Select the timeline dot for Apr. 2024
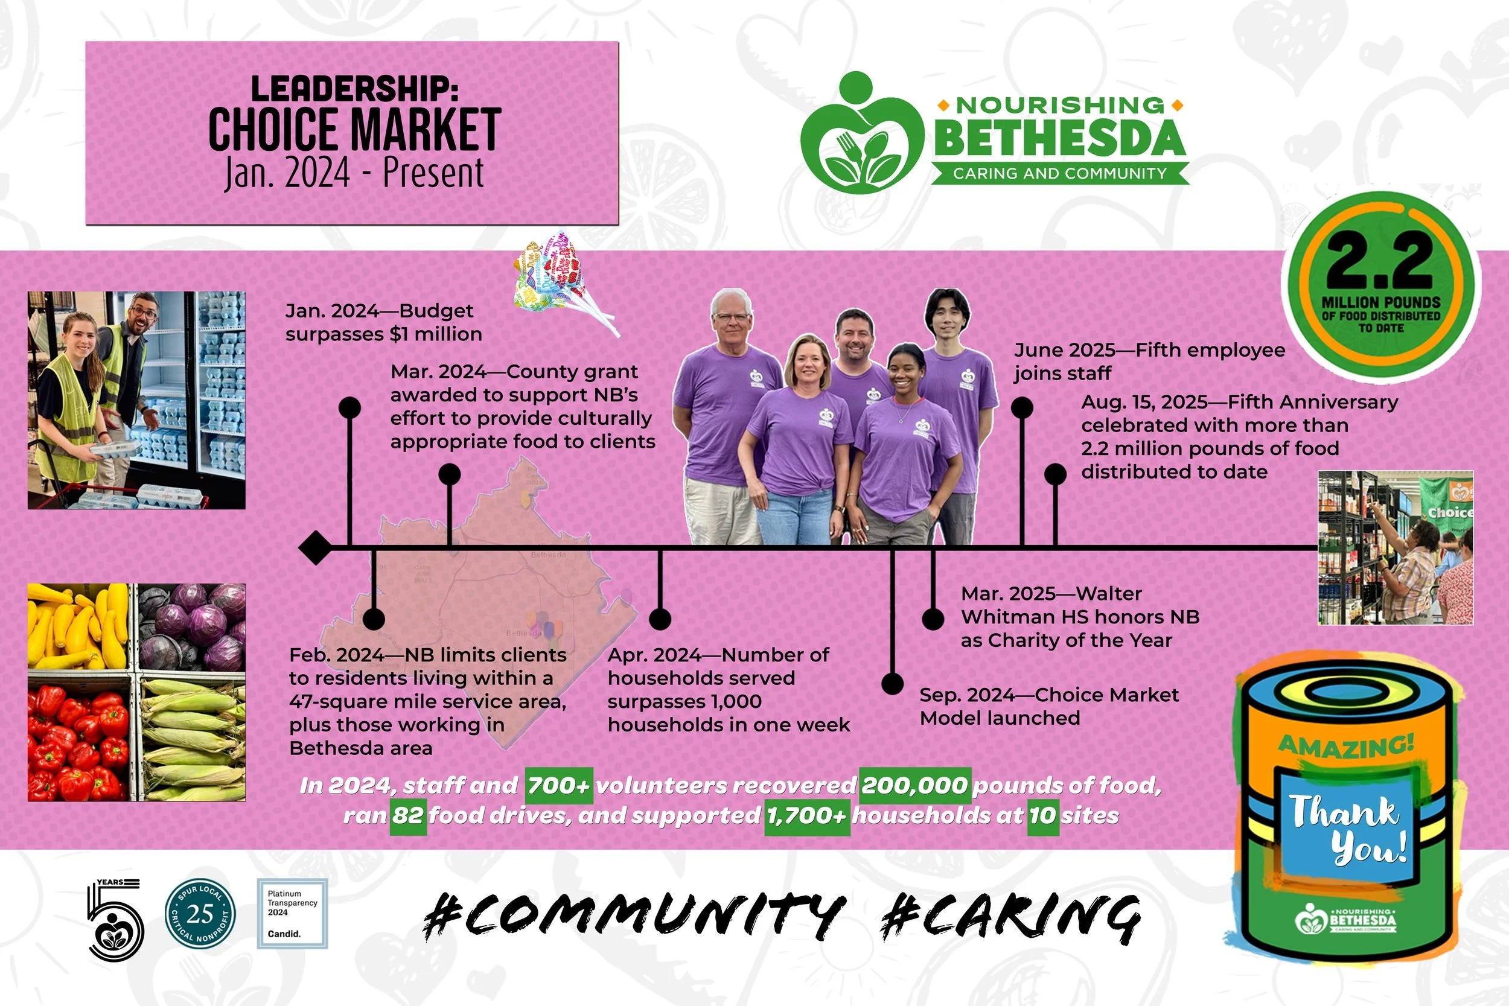coord(660,619)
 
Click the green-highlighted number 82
coord(408,815)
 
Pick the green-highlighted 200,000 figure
coord(914,785)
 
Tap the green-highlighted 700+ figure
coord(559,785)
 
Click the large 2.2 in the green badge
coord(1380,260)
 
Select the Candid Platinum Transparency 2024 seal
coord(293,914)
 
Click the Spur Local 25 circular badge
coord(200,914)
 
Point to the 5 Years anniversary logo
coord(115,919)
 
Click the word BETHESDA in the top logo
coord(1060,138)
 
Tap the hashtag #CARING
coord(1010,917)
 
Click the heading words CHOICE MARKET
coord(354,130)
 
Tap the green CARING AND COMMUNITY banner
coord(1060,173)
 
